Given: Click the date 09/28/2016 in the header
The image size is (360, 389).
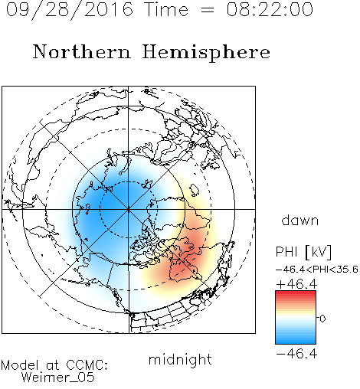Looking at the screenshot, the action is pos(70,10).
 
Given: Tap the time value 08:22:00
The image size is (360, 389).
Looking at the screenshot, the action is pos(270,9).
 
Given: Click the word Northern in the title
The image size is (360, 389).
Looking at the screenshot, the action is pos(81,51).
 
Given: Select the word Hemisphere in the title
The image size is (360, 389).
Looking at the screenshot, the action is pos(206,53).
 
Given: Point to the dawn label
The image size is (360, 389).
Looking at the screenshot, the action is pos(300,220).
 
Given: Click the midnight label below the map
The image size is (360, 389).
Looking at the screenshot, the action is pos(180,360).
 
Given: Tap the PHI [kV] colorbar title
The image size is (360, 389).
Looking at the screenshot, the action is pos(303,252).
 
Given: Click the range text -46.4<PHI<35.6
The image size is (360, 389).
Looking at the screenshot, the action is pos(317,270).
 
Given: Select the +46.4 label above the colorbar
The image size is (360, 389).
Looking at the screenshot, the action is pos(296,284).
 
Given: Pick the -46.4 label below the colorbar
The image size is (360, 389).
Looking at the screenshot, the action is pos(296,354).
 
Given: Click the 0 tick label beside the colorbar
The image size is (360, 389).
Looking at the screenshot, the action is pos(322,319).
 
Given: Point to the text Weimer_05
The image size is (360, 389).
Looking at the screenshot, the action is pos(57,378).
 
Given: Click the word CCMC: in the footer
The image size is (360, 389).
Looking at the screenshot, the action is pos(87,365).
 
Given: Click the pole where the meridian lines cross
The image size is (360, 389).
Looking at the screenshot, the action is pos(129,209).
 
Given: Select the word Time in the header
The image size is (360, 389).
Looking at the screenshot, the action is pos(166,9).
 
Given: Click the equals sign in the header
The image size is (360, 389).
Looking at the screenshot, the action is pos(207,10).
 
